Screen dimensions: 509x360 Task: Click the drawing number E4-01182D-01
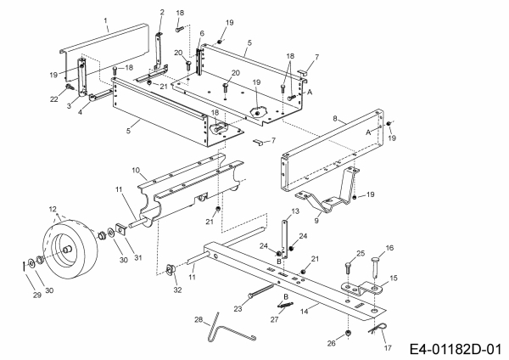(x=456, y=349)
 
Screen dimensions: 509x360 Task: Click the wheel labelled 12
(x=70, y=248)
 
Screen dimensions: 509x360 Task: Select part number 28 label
(x=199, y=319)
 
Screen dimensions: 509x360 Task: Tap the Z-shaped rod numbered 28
(x=232, y=328)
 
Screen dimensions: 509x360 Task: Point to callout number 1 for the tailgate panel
(x=105, y=20)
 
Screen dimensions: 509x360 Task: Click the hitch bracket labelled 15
(x=363, y=288)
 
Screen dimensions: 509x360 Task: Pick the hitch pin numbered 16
(x=376, y=267)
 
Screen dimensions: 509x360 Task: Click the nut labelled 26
(x=349, y=333)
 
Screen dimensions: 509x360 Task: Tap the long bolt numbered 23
(x=261, y=291)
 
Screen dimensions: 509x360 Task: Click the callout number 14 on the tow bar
(x=305, y=312)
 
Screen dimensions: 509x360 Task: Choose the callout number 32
(x=177, y=290)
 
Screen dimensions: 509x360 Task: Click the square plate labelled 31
(x=121, y=230)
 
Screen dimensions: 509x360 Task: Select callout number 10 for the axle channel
(x=136, y=170)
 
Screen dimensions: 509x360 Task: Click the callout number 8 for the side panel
(x=335, y=119)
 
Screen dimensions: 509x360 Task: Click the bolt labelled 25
(x=348, y=268)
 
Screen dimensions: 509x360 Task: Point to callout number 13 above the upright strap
(x=295, y=211)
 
